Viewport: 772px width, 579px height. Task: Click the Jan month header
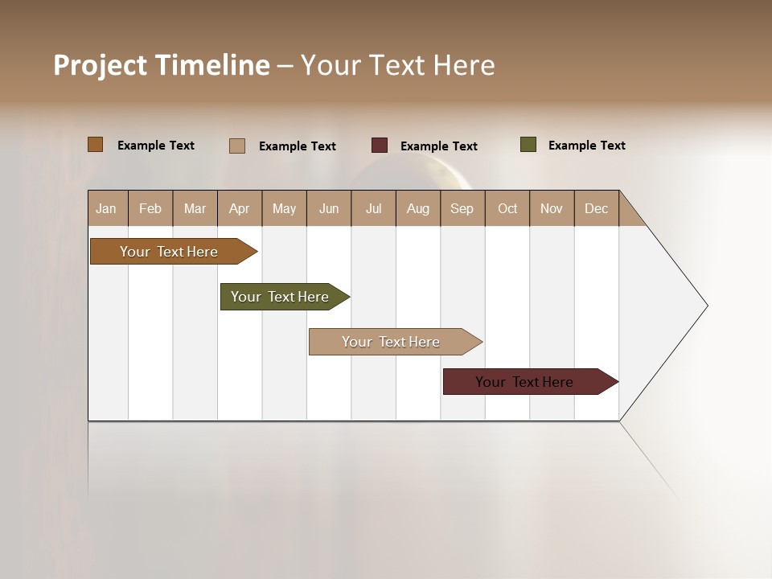click(x=107, y=208)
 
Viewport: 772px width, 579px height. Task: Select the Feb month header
click(x=150, y=208)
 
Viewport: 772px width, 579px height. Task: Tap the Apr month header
click(x=240, y=208)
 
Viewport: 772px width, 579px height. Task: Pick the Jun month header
click(x=329, y=208)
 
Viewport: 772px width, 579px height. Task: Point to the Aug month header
click(x=418, y=208)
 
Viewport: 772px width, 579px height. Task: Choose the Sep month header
click(x=462, y=208)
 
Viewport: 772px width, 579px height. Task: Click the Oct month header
click(x=507, y=208)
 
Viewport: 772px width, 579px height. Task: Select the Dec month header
click(x=597, y=208)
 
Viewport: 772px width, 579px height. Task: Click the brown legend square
click(x=96, y=145)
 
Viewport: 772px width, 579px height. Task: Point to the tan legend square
click(x=237, y=146)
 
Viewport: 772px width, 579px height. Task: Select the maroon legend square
click(x=380, y=145)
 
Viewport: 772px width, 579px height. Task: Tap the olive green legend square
click(x=528, y=145)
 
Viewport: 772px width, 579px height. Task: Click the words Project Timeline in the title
click(x=162, y=65)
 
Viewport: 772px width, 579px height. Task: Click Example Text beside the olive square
click(x=587, y=146)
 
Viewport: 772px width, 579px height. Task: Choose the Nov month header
click(x=552, y=208)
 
